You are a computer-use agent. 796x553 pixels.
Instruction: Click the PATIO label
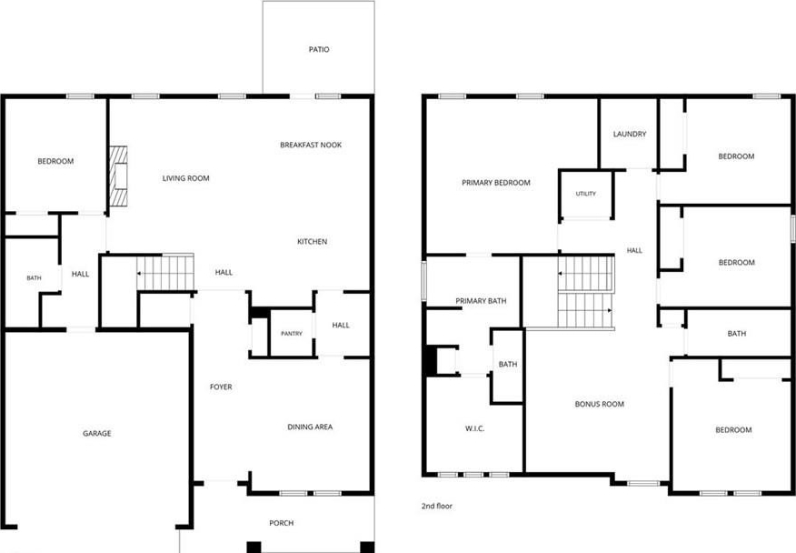[x=319, y=49]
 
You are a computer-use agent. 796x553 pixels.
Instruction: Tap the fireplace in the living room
[x=118, y=176]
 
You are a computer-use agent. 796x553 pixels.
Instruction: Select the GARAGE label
[x=97, y=434]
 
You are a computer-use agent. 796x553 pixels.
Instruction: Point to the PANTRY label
[x=292, y=334]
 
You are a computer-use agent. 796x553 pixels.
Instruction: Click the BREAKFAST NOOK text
[x=311, y=145]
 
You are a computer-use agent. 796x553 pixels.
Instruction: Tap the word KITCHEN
[x=313, y=241]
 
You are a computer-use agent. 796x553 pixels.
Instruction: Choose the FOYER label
[x=221, y=387]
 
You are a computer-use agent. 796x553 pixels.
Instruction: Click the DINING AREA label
[x=310, y=427]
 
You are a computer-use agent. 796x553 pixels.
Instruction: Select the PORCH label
[x=282, y=523]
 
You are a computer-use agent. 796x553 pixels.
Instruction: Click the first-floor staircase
[x=165, y=273]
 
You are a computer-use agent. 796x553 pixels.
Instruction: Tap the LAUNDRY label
[x=630, y=135]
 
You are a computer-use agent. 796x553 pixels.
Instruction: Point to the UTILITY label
[x=586, y=194]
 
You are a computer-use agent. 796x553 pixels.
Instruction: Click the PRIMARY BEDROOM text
[x=496, y=183]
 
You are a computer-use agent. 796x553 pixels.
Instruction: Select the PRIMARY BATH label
[x=481, y=301]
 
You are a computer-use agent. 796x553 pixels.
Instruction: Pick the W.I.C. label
[x=474, y=428]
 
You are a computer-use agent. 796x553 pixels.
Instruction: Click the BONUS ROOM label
[x=600, y=404]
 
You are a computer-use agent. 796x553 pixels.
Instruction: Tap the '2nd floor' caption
[x=436, y=506]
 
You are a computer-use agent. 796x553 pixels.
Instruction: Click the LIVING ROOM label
[x=185, y=178]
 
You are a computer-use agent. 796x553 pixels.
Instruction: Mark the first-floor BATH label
[x=34, y=278]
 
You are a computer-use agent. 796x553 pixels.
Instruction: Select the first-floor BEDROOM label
[x=55, y=161]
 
